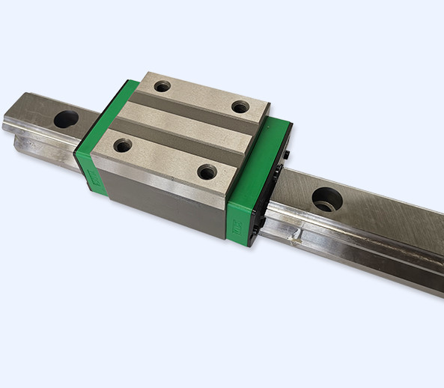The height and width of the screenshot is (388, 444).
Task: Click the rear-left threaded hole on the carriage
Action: (162, 86)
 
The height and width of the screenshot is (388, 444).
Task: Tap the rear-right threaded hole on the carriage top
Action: (240, 107)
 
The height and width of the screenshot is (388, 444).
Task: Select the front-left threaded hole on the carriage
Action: (123, 145)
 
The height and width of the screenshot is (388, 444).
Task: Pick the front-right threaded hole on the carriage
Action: (207, 172)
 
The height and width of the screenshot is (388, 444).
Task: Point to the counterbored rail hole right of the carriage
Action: (327, 200)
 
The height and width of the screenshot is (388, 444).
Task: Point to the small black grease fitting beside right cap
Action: (288, 155)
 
